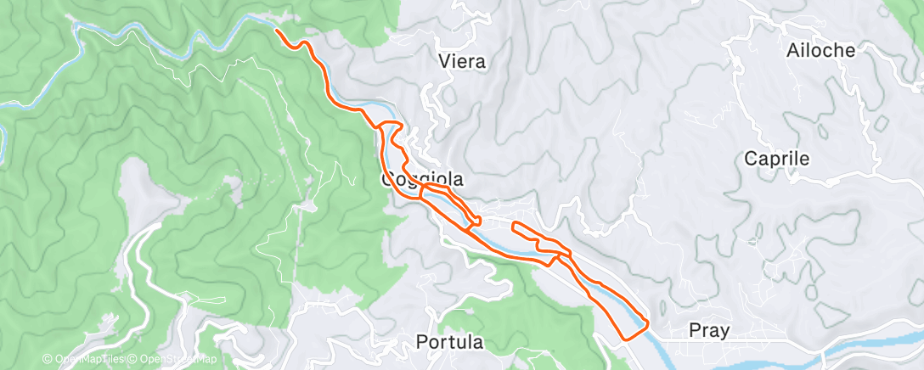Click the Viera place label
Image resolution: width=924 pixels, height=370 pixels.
click(x=462, y=61)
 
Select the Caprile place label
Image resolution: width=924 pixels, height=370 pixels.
click(x=776, y=159)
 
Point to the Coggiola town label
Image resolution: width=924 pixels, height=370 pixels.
click(x=422, y=179)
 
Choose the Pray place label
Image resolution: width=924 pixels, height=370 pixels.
click(x=707, y=331)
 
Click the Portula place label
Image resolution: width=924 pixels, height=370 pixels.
click(x=450, y=343)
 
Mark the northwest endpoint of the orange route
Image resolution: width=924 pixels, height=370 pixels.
click(x=277, y=31)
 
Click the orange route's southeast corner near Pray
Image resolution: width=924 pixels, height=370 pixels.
click(x=647, y=322)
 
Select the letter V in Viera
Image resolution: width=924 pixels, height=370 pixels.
click(x=444, y=61)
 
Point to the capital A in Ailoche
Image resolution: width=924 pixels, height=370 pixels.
click(x=793, y=50)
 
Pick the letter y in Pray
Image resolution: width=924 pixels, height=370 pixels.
click(x=723, y=333)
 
